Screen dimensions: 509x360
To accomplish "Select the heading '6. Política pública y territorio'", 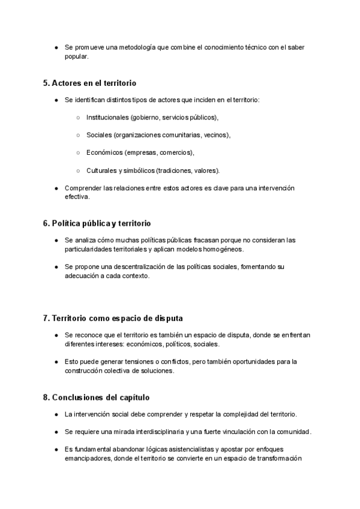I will coord(97,223).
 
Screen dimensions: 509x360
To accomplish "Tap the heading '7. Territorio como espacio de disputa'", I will coord(117,317).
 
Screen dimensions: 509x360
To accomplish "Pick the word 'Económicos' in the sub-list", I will coord(104,152).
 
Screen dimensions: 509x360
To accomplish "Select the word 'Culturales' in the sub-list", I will coord(102,170).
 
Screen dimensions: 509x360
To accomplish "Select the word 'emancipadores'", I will coord(87,459).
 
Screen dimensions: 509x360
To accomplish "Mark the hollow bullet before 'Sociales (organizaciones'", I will coord(79,135).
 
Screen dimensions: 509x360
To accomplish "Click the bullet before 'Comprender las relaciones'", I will coord(56,188).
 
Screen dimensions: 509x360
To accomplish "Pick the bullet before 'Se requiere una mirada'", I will coord(56,432).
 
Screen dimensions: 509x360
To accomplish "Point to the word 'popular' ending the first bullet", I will coord(76,57).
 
